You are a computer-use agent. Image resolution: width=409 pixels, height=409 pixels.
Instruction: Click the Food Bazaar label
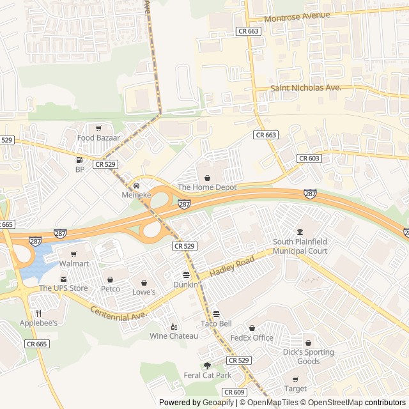coord(95,137)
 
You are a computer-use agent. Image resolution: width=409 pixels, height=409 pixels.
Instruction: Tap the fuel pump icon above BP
coord(79,160)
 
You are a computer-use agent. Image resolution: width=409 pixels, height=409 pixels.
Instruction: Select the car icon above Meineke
coord(136,185)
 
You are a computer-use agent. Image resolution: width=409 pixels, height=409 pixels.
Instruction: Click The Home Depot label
coord(207,187)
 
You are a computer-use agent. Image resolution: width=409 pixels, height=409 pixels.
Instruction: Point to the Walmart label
coord(74,263)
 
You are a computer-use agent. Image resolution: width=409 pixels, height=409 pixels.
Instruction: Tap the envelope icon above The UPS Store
coord(63,279)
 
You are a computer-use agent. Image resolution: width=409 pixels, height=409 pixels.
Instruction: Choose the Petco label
coord(111,288)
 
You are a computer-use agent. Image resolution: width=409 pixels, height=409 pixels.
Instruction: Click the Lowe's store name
coord(144,292)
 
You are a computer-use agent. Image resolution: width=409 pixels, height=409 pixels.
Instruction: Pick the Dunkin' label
coord(185,284)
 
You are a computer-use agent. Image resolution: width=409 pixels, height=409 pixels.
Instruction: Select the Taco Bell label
coord(216,323)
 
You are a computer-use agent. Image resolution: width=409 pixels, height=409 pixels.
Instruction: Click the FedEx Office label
coord(252,337)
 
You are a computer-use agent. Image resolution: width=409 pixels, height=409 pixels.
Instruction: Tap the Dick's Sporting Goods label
coord(308,357)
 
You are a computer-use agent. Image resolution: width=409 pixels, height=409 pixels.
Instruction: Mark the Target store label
coord(295,389)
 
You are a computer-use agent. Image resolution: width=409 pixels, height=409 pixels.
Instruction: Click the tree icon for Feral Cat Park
coord(207,366)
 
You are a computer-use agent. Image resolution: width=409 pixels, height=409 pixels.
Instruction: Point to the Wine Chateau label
coord(174,336)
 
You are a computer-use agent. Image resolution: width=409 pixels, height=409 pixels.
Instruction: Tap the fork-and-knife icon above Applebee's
coord(38,313)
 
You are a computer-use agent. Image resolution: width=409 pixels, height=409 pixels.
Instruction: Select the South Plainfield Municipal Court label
coord(300,246)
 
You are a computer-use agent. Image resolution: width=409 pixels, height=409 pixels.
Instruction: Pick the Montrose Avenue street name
coord(297,16)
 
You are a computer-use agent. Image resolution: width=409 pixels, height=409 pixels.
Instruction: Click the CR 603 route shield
coord(309,158)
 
